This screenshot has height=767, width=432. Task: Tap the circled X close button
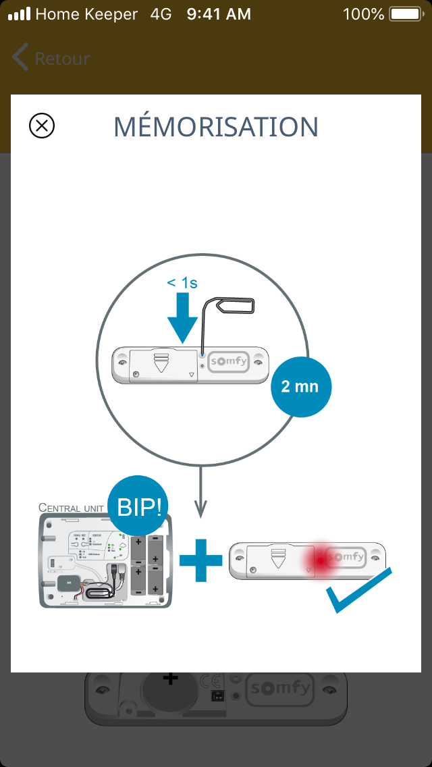tap(42, 126)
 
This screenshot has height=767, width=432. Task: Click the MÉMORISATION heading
tap(216, 127)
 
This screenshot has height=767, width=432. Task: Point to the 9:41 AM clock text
tap(219, 14)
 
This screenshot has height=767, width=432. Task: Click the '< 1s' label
tap(182, 283)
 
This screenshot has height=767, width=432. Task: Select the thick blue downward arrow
tap(182, 317)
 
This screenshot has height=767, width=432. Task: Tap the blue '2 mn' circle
tap(301, 388)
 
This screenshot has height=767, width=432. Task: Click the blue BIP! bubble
tap(139, 506)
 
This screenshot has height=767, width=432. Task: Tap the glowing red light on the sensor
tap(320, 560)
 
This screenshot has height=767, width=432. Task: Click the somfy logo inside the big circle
tap(228, 362)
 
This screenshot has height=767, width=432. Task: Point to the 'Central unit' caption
tap(71, 507)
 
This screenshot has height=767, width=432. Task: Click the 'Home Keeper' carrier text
tap(86, 14)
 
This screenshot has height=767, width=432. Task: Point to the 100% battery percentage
tap(363, 14)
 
